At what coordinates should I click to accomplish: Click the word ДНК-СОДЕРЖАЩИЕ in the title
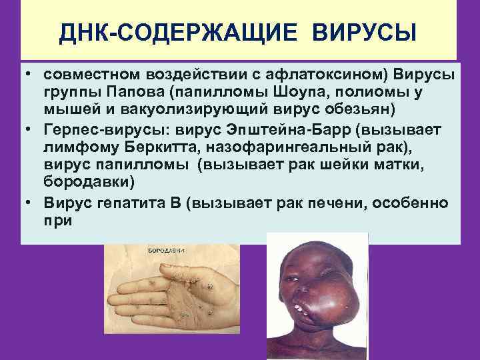pyautogui.click(x=159, y=31)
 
